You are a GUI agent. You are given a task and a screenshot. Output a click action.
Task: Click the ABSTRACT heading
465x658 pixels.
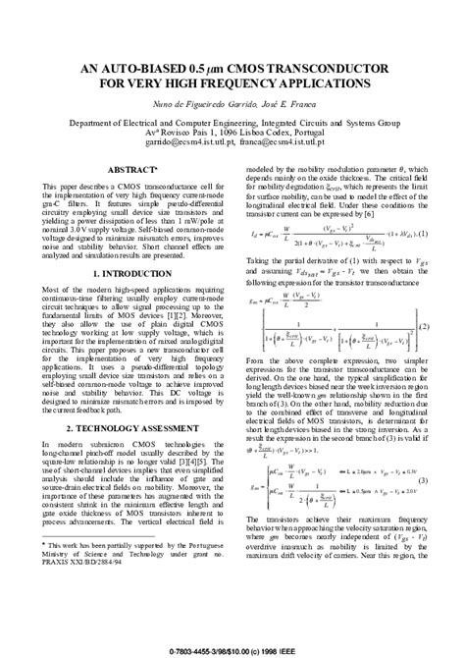[x=129, y=170]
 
